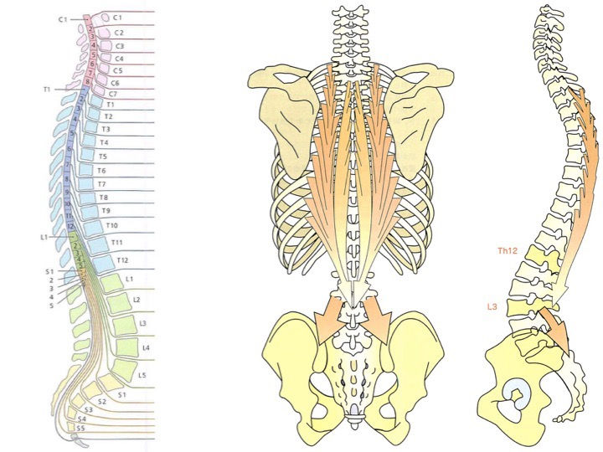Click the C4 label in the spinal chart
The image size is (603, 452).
pyautogui.click(x=118, y=59)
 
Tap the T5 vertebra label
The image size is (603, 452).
pyautogui.click(x=103, y=157)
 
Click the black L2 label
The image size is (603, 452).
pyautogui.click(x=137, y=299)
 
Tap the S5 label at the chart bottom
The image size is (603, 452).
pyautogui.click(x=82, y=428)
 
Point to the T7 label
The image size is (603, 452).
pyautogui.click(x=101, y=183)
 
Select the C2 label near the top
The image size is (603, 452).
pyautogui.click(x=118, y=32)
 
